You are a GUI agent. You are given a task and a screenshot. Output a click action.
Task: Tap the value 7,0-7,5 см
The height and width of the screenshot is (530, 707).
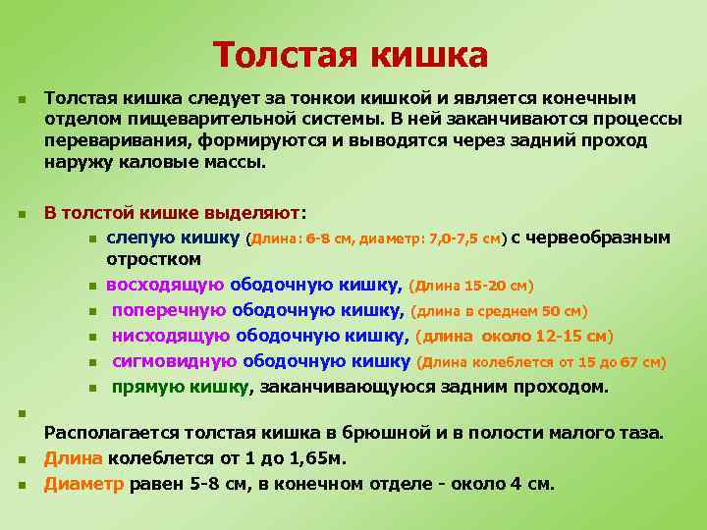(467, 238)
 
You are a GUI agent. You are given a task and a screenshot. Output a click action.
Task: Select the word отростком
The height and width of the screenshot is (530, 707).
(154, 259)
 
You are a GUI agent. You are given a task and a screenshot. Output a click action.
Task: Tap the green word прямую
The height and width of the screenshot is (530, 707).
(142, 387)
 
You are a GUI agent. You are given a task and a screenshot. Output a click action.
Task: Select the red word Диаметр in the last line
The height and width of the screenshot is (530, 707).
(83, 483)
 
